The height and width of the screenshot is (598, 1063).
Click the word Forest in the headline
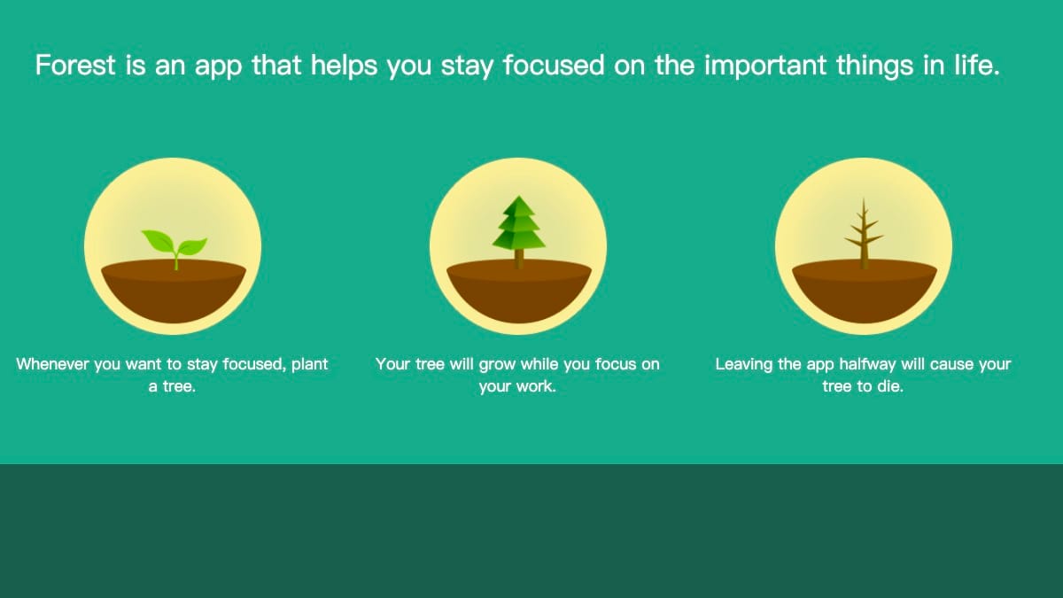[x=75, y=65]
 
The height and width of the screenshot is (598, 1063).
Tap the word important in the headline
[x=765, y=66]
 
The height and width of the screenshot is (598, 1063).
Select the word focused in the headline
[x=554, y=65]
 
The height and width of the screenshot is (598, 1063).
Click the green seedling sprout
[x=175, y=249]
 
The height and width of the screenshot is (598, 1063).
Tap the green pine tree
[x=519, y=231]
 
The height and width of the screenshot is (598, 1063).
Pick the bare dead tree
[x=864, y=234]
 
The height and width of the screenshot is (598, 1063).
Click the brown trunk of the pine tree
[x=519, y=259]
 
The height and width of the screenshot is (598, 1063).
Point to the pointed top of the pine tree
[x=519, y=196]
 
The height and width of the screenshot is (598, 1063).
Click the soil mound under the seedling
[x=174, y=291]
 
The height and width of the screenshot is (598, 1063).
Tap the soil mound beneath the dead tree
[x=865, y=291]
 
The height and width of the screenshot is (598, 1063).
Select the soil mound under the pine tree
[x=519, y=291]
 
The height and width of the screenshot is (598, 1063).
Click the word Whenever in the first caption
[x=52, y=364]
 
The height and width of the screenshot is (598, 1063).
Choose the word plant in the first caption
[x=309, y=364]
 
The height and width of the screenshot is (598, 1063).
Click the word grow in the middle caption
[x=497, y=365]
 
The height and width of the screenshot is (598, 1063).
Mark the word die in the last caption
[x=889, y=386]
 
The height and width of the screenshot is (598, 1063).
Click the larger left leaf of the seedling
[x=158, y=241]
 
